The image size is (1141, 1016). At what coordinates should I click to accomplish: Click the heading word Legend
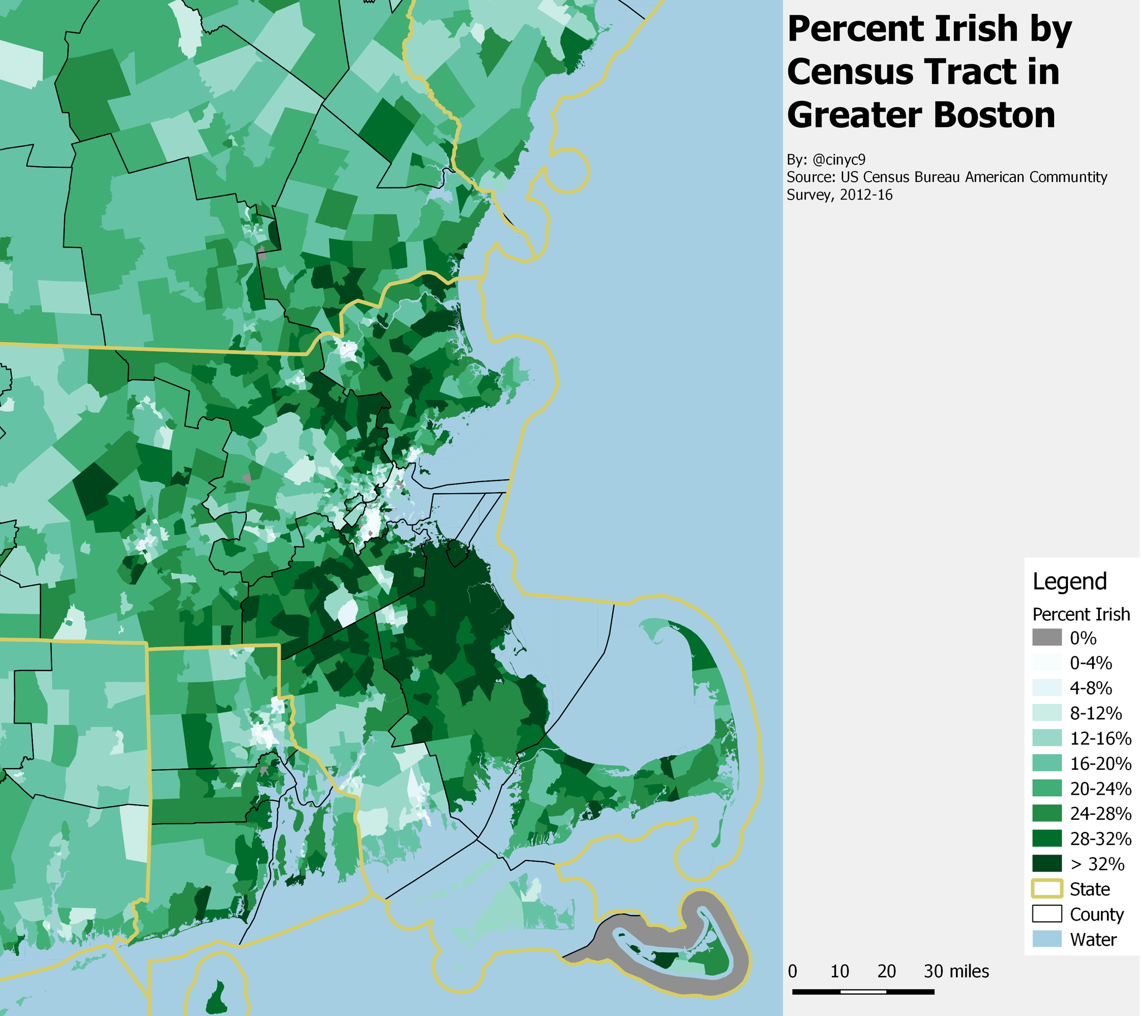(1069, 581)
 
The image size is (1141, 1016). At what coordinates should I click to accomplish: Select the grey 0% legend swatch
(1047, 638)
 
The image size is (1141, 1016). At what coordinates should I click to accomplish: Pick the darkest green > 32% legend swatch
(1047, 863)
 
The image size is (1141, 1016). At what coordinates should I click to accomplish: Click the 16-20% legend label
(1100, 764)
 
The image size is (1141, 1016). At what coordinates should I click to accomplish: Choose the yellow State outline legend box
(1047, 888)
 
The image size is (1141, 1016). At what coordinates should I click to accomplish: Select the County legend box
(1047, 914)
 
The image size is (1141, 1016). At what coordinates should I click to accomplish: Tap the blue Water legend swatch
(1047, 939)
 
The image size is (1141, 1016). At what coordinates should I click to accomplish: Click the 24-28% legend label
(1100, 814)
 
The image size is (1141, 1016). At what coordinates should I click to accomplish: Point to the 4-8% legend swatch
(1047, 688)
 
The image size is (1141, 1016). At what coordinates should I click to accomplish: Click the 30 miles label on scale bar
(955, 971)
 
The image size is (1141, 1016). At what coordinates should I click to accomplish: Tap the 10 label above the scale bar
(839, 971)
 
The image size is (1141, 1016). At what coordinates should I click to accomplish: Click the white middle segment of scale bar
(863, 992)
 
